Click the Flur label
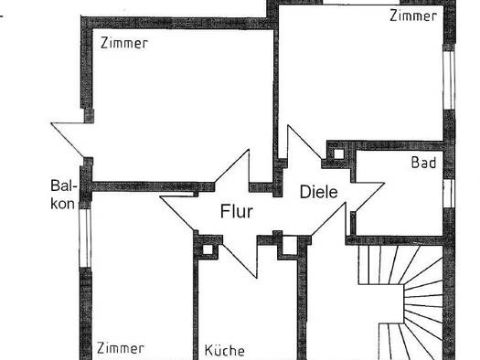coord(237,211)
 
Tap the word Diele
coord(319,192)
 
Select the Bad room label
coord(423,163)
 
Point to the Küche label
coord(224,350)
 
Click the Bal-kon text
coord(63,195)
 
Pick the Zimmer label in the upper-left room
coord(124,43)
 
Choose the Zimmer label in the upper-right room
coord(413,16)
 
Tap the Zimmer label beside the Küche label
coord(121,348)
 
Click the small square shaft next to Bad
coord(338,154)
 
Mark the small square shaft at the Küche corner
coord(208,249)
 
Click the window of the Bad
coord(449,194)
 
